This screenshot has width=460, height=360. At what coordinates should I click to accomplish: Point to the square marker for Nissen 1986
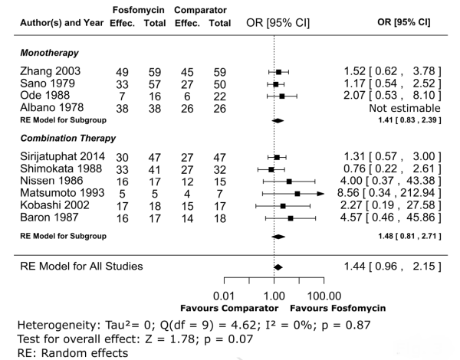coord(289,182)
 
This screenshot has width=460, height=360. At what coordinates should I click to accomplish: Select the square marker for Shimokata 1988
coord(271,169)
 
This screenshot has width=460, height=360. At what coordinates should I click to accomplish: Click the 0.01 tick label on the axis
coord(223,295)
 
